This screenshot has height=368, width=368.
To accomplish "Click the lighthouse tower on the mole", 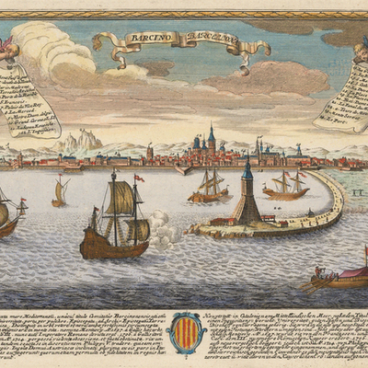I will [247, 198].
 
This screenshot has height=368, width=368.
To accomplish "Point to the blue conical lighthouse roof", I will [247, 171].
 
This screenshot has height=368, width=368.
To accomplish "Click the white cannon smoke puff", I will [163, 230].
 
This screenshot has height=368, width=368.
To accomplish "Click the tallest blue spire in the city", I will [211, 138].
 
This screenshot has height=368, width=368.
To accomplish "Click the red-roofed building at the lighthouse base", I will [222, 221].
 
